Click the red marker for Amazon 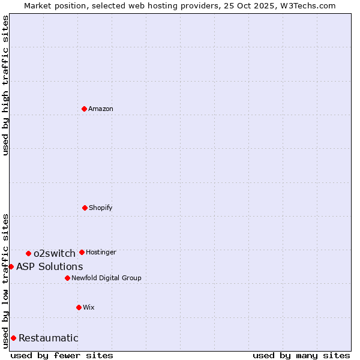tap(84, 109)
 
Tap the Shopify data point tap(85, 208)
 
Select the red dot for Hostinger tap(82, 252)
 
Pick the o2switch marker tap(28, 253)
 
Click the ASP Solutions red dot tap(11, 266)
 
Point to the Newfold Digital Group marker tap(67, 278)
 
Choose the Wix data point tap(79, 307)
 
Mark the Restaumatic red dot tap(13, 338)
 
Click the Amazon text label tap(101, 109)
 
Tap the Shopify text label tap(101, 208)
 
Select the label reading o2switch tap(55, 253)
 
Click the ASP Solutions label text tap(50, 266)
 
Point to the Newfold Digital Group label tap(107, 278)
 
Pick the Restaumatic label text tap(49, 338)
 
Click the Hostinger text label tap(101, 252)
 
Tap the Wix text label tap(89, 307)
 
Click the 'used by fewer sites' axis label tap(62, 355)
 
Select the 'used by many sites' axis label tap(301, 355)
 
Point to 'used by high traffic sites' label tap(5, 85)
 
